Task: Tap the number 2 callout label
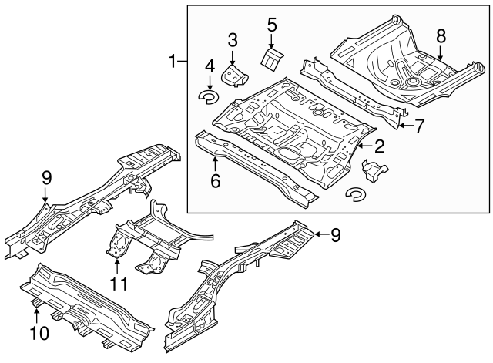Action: [x=379, y=144]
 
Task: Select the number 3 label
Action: [x=233, y=39]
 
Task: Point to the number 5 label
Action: [x=271, y=25]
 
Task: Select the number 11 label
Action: [x=117, y=286]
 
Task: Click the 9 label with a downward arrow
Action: [x=46, y=177]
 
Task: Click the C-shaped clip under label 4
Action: [x=208, y=96]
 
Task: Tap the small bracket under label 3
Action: [x=233, y=75]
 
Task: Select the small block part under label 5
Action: [x=273, y=59]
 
